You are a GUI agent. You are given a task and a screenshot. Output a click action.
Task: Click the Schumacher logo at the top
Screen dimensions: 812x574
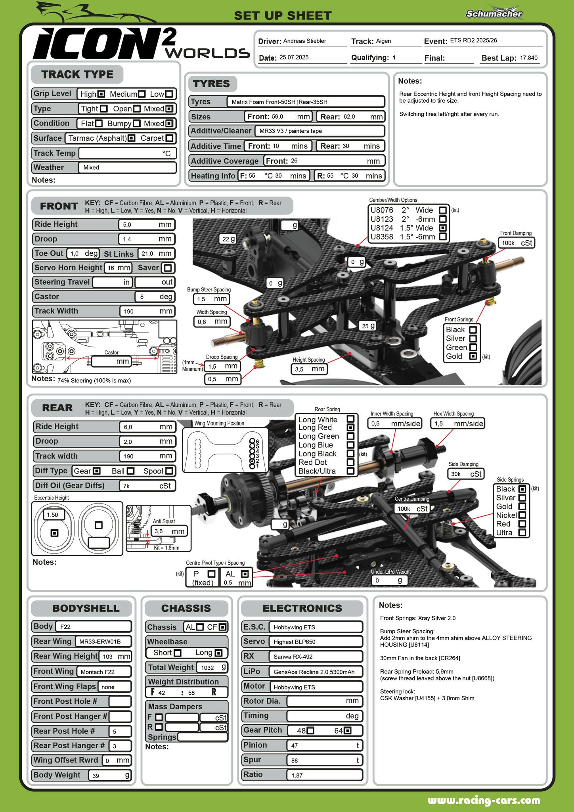tap(494, 13)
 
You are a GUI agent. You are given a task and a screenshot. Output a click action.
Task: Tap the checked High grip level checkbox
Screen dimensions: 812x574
tap(101, 94)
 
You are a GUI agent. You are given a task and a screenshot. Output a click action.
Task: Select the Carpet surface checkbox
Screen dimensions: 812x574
tap(169, 138)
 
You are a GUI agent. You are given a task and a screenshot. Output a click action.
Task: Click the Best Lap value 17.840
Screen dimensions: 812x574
tap(529, 58)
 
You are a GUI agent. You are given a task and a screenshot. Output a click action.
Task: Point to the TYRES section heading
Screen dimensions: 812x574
tap(211, 84)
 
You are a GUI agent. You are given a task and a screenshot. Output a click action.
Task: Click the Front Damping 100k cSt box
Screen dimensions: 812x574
tap(517, 243)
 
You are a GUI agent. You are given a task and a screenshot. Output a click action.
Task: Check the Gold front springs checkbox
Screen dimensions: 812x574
tap(473, 356)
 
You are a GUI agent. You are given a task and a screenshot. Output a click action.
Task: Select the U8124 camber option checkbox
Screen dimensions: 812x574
tap(443, 228)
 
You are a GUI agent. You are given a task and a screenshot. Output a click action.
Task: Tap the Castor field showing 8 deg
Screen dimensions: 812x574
tap(155, 297)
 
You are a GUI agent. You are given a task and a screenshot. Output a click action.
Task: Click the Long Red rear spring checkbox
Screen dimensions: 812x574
tap(350, 427)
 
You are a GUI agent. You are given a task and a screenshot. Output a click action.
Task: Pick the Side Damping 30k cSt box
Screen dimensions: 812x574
tap(466, 474)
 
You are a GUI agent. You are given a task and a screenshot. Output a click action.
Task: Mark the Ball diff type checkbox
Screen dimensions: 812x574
tap(130, 471)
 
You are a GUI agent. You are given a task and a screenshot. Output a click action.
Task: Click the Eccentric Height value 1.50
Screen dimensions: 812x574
tap(52, 515)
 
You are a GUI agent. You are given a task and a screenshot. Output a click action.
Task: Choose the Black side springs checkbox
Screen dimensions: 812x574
tap(522, 489)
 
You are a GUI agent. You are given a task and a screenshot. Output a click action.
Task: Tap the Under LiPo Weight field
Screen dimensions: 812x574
tap(389, 580)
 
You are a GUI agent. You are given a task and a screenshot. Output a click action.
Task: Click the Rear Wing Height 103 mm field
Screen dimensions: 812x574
tap(115, 656)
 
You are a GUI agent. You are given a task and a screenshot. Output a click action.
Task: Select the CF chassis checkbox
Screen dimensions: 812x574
tap(223, 627)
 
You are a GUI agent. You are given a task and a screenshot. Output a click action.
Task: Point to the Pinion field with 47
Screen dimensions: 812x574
tap(324, 745)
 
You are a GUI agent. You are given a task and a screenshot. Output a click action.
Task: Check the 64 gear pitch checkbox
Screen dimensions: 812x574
tap(348, 730)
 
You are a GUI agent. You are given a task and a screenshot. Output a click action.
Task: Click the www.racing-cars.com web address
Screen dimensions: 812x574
tap(484, 801)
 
